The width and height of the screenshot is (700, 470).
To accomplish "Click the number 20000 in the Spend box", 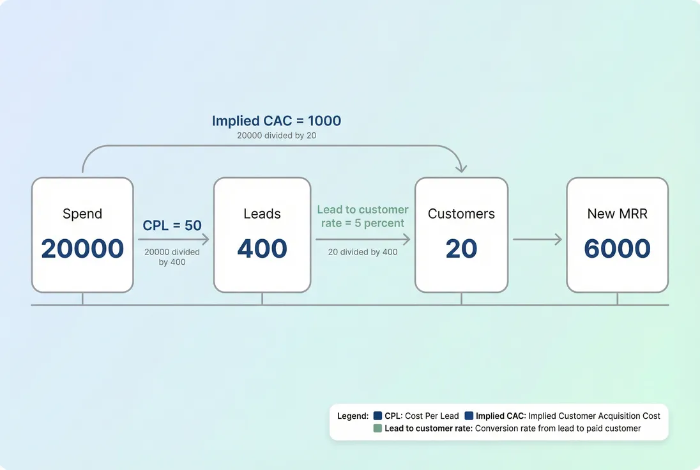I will (x=82, y=249).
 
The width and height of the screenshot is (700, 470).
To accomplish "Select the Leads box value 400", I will (x=262, y=249).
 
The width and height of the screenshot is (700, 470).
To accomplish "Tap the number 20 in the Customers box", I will (x=461, y=249).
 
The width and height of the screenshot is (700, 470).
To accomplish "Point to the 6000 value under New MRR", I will (x=617, y=249).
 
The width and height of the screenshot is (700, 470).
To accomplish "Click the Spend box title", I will (x=82, y=214).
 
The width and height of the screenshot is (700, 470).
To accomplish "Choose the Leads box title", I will (x=262, y=214).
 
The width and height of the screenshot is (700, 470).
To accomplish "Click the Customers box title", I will (x=461, y=214).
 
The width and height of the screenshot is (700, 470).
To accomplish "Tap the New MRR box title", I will (x=617, y=214).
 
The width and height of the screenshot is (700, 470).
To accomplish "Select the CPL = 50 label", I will (x=172, y=225).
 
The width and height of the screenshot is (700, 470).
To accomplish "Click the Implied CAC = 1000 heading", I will (x=277, y=121).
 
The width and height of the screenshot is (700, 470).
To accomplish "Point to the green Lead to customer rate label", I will (x=362, y=216).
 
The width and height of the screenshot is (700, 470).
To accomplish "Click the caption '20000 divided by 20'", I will (x=277, y=136).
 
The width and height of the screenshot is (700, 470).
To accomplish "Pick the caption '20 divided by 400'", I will (x=362, y=252).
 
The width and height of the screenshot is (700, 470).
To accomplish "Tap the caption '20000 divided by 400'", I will (x=172, y=257).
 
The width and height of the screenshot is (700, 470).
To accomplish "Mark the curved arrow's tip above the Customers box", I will (x=461, y=169).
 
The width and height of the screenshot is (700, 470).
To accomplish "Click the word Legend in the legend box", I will (x=353, y=416).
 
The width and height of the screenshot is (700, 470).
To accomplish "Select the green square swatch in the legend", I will (x=377, y=428).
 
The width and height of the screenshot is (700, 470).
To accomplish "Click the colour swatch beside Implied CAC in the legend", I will (x=469, y=416).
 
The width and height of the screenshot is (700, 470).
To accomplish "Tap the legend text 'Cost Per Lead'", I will (x=432, y=416).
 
